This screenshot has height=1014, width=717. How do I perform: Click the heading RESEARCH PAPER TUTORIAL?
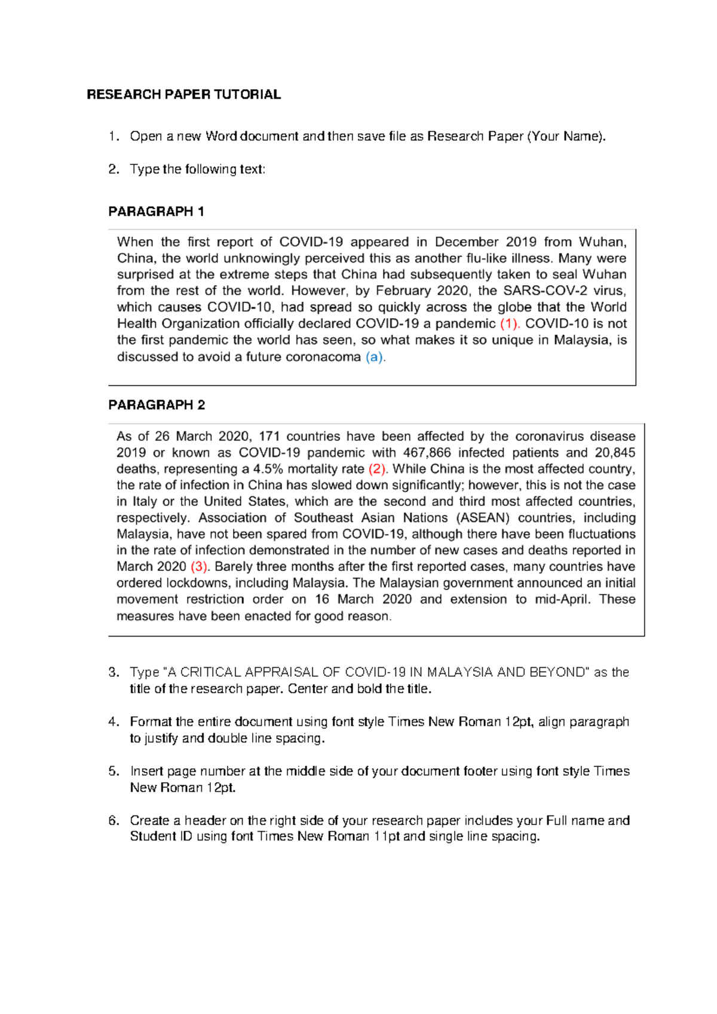[183, 94]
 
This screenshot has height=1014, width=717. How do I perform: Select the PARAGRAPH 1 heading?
[156, 212]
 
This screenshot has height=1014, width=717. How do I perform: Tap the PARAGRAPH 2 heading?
[157, 405]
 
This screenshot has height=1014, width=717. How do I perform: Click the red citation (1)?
[510, 324]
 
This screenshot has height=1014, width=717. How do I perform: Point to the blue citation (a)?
[375, 357]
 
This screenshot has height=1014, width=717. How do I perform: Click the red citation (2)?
[378, 469]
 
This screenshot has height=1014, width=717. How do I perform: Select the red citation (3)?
[200, 567]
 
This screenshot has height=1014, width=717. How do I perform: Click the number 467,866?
[427, 453]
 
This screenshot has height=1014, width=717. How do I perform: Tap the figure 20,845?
[615, 453]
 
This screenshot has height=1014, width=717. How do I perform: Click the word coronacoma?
[323, 357]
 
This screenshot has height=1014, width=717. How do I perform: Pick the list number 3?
[114, 673]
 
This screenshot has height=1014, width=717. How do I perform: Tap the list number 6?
[114, 821]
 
